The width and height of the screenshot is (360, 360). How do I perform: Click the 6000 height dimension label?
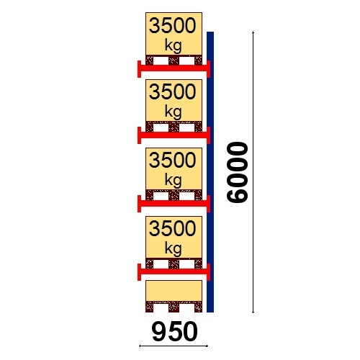click(237, 173)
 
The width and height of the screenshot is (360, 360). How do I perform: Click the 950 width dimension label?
click(175, 332)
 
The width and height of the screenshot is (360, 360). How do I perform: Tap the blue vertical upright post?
click(210, 172)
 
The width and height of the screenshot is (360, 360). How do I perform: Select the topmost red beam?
click(174, 68)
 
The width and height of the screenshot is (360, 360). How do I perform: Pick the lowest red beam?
click(174, 271)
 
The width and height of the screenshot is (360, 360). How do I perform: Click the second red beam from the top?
click(174, 135)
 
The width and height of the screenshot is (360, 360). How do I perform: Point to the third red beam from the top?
click(174, 203)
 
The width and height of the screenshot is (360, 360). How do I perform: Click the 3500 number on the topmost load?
click(173, 26)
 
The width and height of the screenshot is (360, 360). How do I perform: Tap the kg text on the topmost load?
click(174, 45)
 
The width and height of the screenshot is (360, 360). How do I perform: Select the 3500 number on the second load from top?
click(173, 92)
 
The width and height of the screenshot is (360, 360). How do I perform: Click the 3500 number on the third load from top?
click(173, 160)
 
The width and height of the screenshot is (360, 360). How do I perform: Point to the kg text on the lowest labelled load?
click(174, 248)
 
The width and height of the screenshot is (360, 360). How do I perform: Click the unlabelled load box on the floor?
click(174, 291)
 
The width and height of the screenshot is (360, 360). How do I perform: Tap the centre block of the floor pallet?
click(174, 307)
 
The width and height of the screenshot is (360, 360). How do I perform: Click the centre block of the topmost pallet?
click(174, 60)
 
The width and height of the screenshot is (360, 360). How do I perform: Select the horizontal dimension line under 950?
click(174, 346)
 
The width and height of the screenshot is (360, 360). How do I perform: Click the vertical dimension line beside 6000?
click(253, 172)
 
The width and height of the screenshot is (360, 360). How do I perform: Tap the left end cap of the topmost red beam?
click(139, 69)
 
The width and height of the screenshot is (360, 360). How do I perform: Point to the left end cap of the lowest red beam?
click(139, 272)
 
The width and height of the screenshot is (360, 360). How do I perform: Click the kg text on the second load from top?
click(174, 112)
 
